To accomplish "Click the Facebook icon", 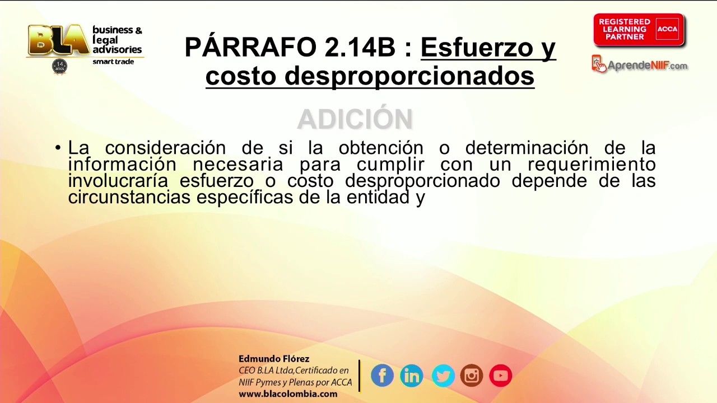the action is click(382, 376).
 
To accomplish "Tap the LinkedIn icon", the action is click(412, 376).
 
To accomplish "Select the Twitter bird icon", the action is click(443, 376).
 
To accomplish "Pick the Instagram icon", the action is click(472, 376).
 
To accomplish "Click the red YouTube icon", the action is click(501, 376).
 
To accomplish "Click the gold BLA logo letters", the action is click(58, 40).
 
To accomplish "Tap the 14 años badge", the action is click(60, 67).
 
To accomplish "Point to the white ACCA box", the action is click(667, 29).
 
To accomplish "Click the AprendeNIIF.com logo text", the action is click(647, 66).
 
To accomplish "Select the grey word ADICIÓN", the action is click(355, 119).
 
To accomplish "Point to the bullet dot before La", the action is click(58, 148).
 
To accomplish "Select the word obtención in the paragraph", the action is click(381, 148).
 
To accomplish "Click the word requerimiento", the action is click(591, 165).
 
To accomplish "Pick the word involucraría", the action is click(118, 181).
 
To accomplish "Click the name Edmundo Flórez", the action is click(274, 359).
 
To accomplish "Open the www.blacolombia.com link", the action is click(288, 393).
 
